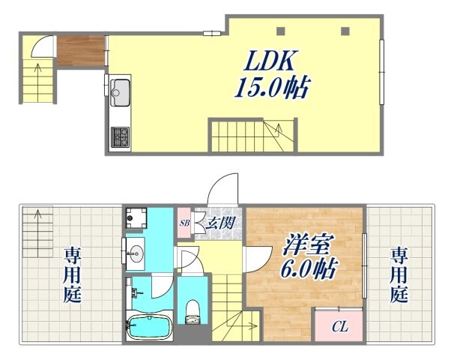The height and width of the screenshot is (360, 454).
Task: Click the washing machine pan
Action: pyautogui.click(x=136, y=218)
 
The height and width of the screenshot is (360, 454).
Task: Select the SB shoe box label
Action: pyautogui.click(x=184, y=222)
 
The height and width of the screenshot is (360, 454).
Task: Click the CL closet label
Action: pyautogui.click(x=339, y=326)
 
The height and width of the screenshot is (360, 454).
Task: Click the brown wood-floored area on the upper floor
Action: pyautogui.click(x=80, y=50)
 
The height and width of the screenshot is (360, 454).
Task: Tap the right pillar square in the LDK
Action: pyautogui.click(x=345, y=31)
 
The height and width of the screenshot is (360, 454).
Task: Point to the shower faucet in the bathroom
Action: pyautogui.click(x=132, y=288)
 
